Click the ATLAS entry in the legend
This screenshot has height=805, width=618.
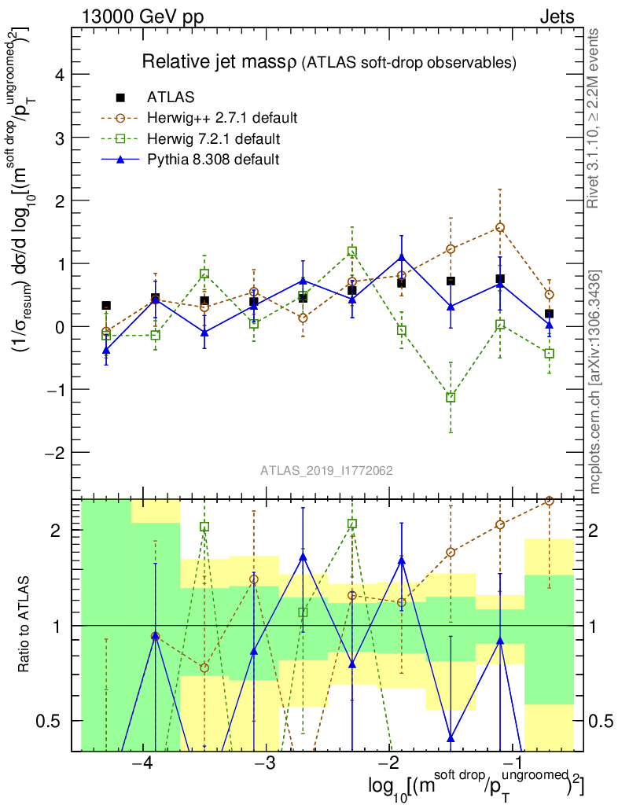(x=171, y=97)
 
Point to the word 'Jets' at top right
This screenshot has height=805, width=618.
(x=557, y=17)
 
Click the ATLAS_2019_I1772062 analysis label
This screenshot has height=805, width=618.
(x=327, y=471)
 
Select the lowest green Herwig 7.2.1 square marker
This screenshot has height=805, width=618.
(x=451, y=398)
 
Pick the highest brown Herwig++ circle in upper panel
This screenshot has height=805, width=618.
(x=500, y=227)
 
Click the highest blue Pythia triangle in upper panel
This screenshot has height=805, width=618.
(x=402, y=257)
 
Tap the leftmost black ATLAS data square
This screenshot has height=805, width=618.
(x=106, y=305)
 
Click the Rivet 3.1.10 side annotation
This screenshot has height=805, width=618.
(x=595, y=118)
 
